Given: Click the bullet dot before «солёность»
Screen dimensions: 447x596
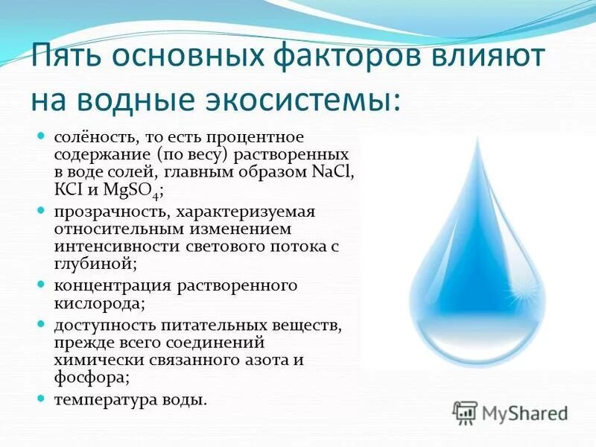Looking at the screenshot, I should click(42, 137).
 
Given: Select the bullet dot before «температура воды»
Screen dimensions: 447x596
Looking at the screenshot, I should click(42, 399).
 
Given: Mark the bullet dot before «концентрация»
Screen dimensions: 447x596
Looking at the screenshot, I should click(42, 285).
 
